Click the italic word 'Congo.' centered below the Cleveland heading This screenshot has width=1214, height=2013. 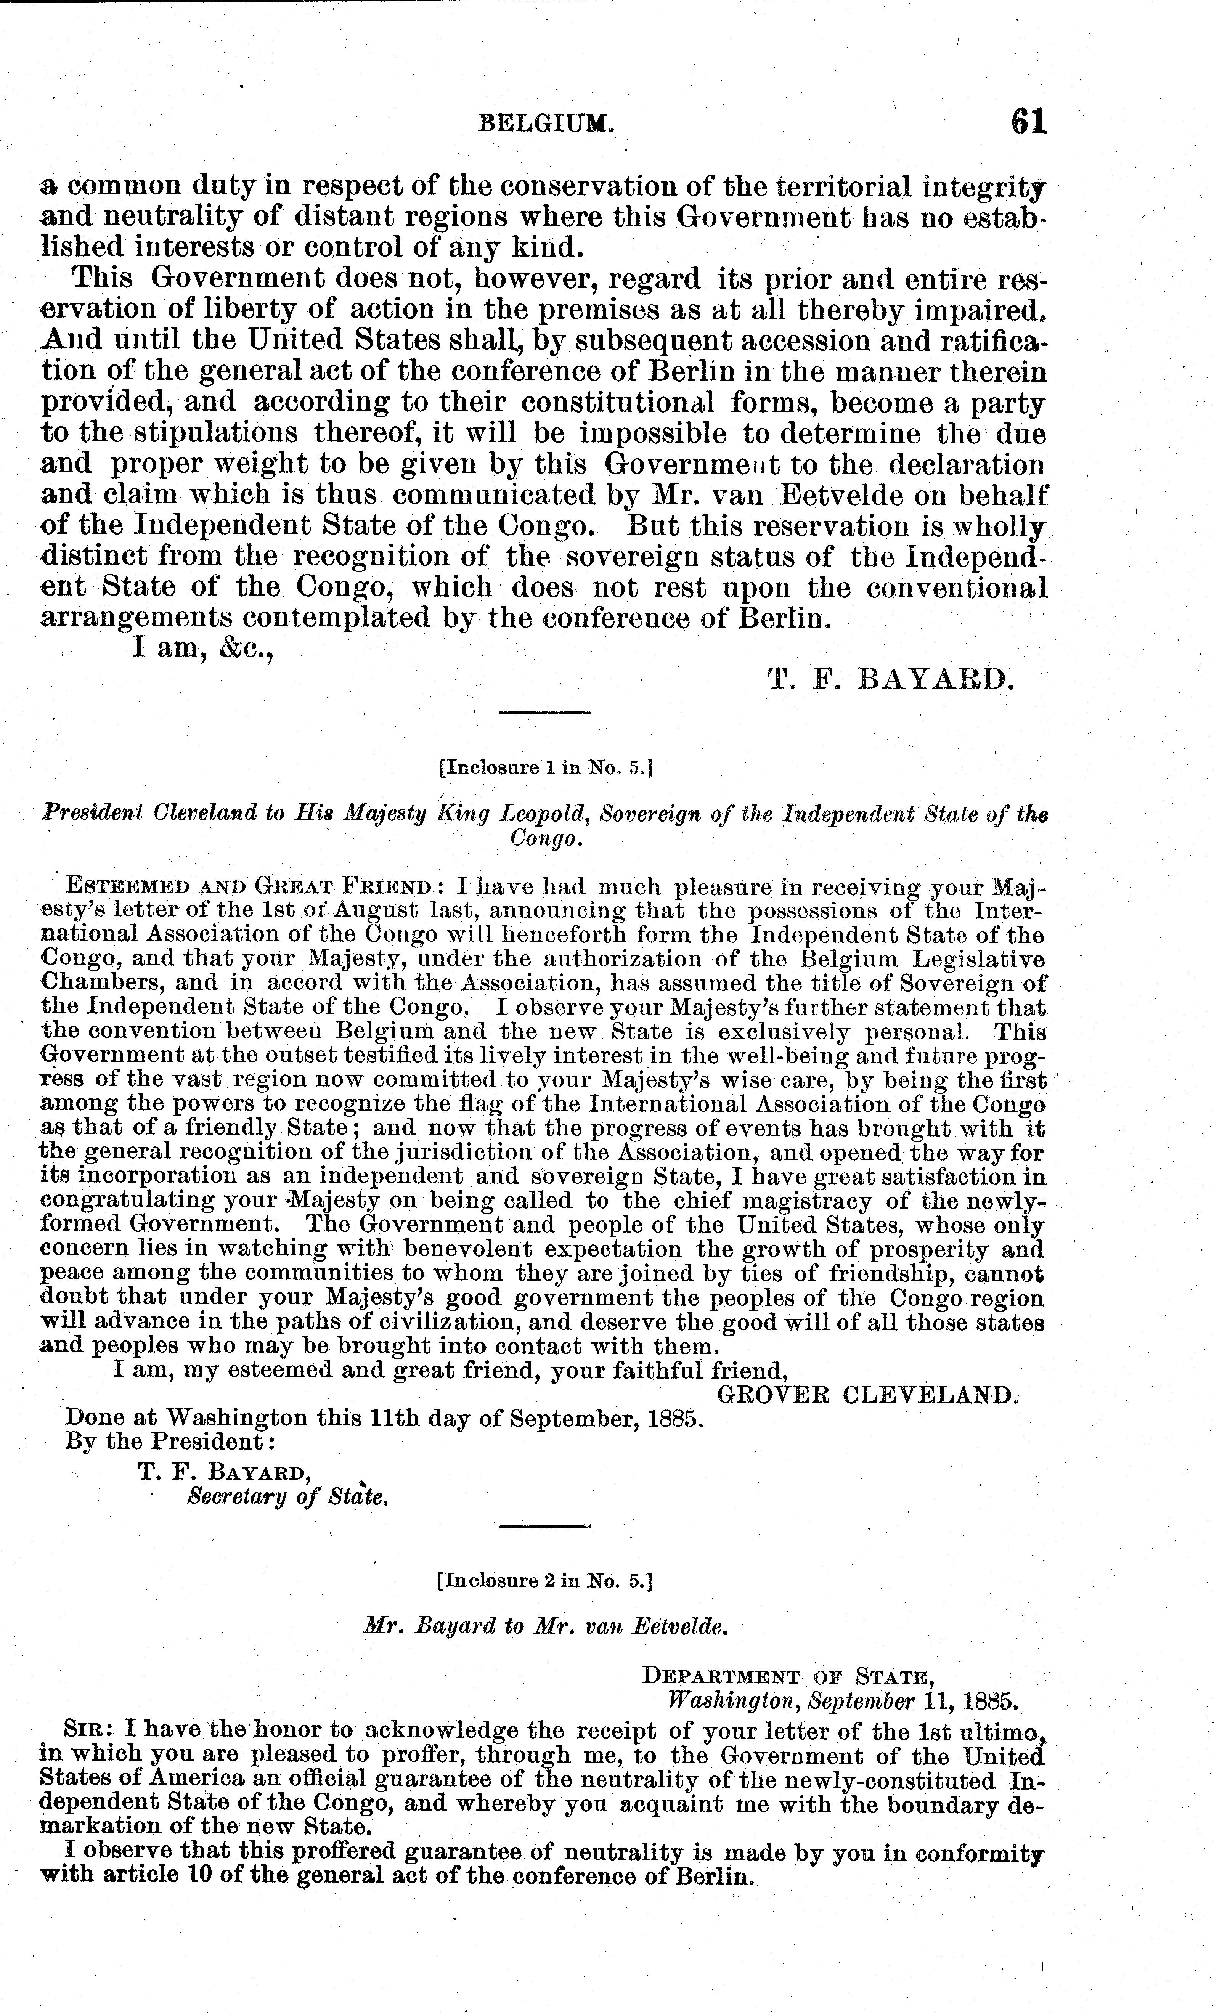(545, 839)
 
